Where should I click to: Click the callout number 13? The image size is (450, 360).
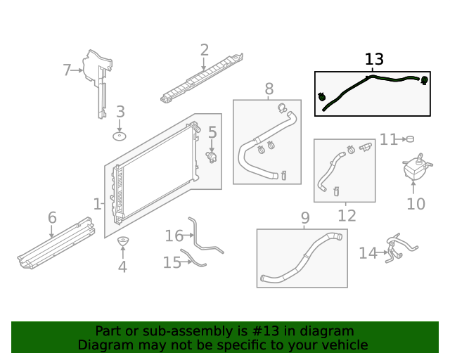tap(375, 60)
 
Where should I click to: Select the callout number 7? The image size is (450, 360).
tap(67, 70)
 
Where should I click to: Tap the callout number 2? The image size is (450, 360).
tap(204, 50)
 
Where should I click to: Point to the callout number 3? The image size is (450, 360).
tap(120, 112)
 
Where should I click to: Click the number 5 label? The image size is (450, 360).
tap(212, 131)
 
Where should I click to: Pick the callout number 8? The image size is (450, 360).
tap(269, 89)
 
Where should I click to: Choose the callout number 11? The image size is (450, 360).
tap(389, 139)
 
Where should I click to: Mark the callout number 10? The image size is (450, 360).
tap(416, 204)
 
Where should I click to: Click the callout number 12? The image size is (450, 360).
tap(347, 216)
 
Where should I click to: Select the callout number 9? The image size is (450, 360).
tap(304, 218)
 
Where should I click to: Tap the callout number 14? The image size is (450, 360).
tap(368, 252)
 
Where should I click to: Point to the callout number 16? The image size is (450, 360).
tap(174, 236)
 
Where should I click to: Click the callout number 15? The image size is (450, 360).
tap(172, 262)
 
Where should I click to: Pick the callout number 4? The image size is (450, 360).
tap(122, 266)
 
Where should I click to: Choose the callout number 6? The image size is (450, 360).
tap(52, 218)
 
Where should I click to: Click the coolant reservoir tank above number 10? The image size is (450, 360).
tap(414, 169)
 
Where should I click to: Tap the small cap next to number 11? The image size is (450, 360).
tap(410, 139)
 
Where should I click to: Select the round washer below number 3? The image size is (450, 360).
tap(120, 135)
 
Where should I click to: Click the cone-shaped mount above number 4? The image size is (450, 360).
tap(122, 243)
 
